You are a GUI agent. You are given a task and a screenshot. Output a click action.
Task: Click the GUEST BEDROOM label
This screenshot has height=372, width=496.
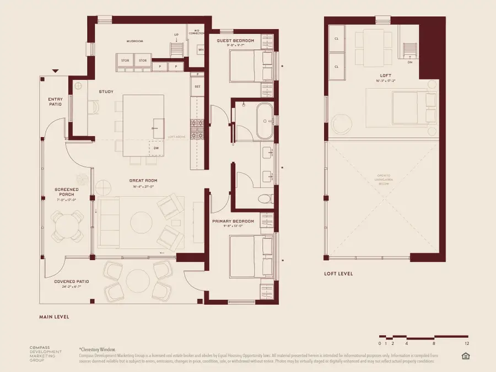(x=236, y=41)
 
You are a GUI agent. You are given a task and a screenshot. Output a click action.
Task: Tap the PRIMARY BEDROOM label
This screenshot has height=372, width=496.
(x=234, y=222)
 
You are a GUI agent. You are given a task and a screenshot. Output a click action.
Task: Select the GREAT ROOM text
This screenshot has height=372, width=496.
(x=141, y=180)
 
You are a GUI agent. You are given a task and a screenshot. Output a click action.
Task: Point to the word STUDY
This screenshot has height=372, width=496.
(x=106, y=91)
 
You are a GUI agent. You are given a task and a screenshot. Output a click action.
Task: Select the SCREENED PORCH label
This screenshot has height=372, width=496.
(x=66, y=192)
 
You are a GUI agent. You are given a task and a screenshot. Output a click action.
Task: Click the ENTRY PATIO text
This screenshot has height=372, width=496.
(x=55, y=101)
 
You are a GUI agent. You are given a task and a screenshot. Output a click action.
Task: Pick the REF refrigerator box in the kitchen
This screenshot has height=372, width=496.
(x=197, y=87)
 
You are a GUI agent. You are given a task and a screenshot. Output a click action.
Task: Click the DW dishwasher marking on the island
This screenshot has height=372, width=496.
(x=156, y=148)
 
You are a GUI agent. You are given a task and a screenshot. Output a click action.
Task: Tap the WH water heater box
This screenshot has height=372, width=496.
(x=200, y=50)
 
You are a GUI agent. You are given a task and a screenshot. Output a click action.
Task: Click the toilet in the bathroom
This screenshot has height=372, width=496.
(x=265, y=198)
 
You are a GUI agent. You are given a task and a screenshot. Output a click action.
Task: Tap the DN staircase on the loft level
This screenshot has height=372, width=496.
(x=409, y=51)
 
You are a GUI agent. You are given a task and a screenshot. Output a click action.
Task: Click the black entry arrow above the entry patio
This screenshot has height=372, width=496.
(x=55, y=71)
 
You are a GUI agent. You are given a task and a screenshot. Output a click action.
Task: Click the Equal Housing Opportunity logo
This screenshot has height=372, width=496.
(x=465, y=356)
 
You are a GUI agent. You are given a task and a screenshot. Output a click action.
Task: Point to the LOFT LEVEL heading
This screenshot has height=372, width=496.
(x=338, y=274)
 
